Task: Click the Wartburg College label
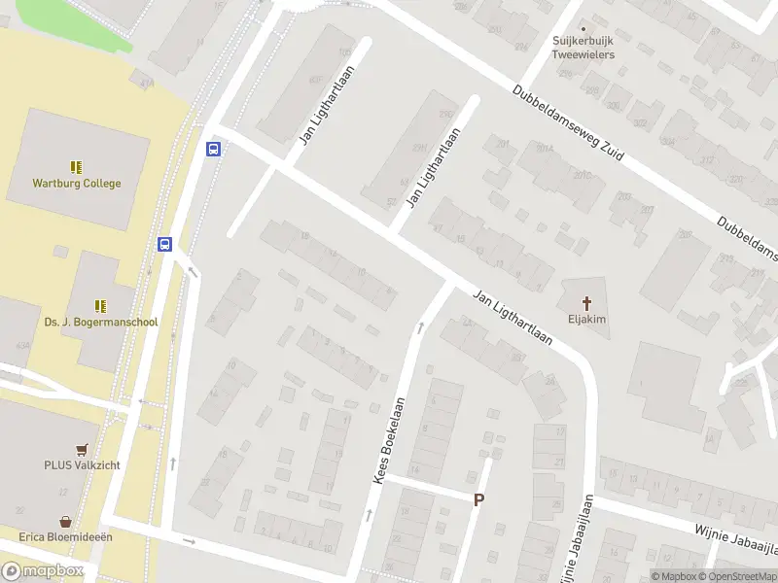pyautogui.click(x=77, y=183)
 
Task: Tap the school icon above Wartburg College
pyautogui.click(x=77, y=167)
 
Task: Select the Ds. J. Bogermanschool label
pyautogui.click(x=101, y=322)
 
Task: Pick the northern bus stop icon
pyautogui.click(x=214, y=149)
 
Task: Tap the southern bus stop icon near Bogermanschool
pyautogui.click(x=165, y=245)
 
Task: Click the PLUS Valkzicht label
pyautogui.click(x=82, y=465)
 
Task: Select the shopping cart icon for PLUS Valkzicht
pyautogui.click(x=82, y=450)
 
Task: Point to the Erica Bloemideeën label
pyautogui.click(x=66, y=536)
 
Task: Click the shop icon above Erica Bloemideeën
pyautogui.click(x=66, y=521)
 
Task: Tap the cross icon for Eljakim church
pyautogui.click(x=587, y=301)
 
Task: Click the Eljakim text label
pyautogui.click(x=587, y=317)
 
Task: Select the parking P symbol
pyautogui.click(x=477, y=499)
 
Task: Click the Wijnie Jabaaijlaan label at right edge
pyautogui.click(x=736, y=539)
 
